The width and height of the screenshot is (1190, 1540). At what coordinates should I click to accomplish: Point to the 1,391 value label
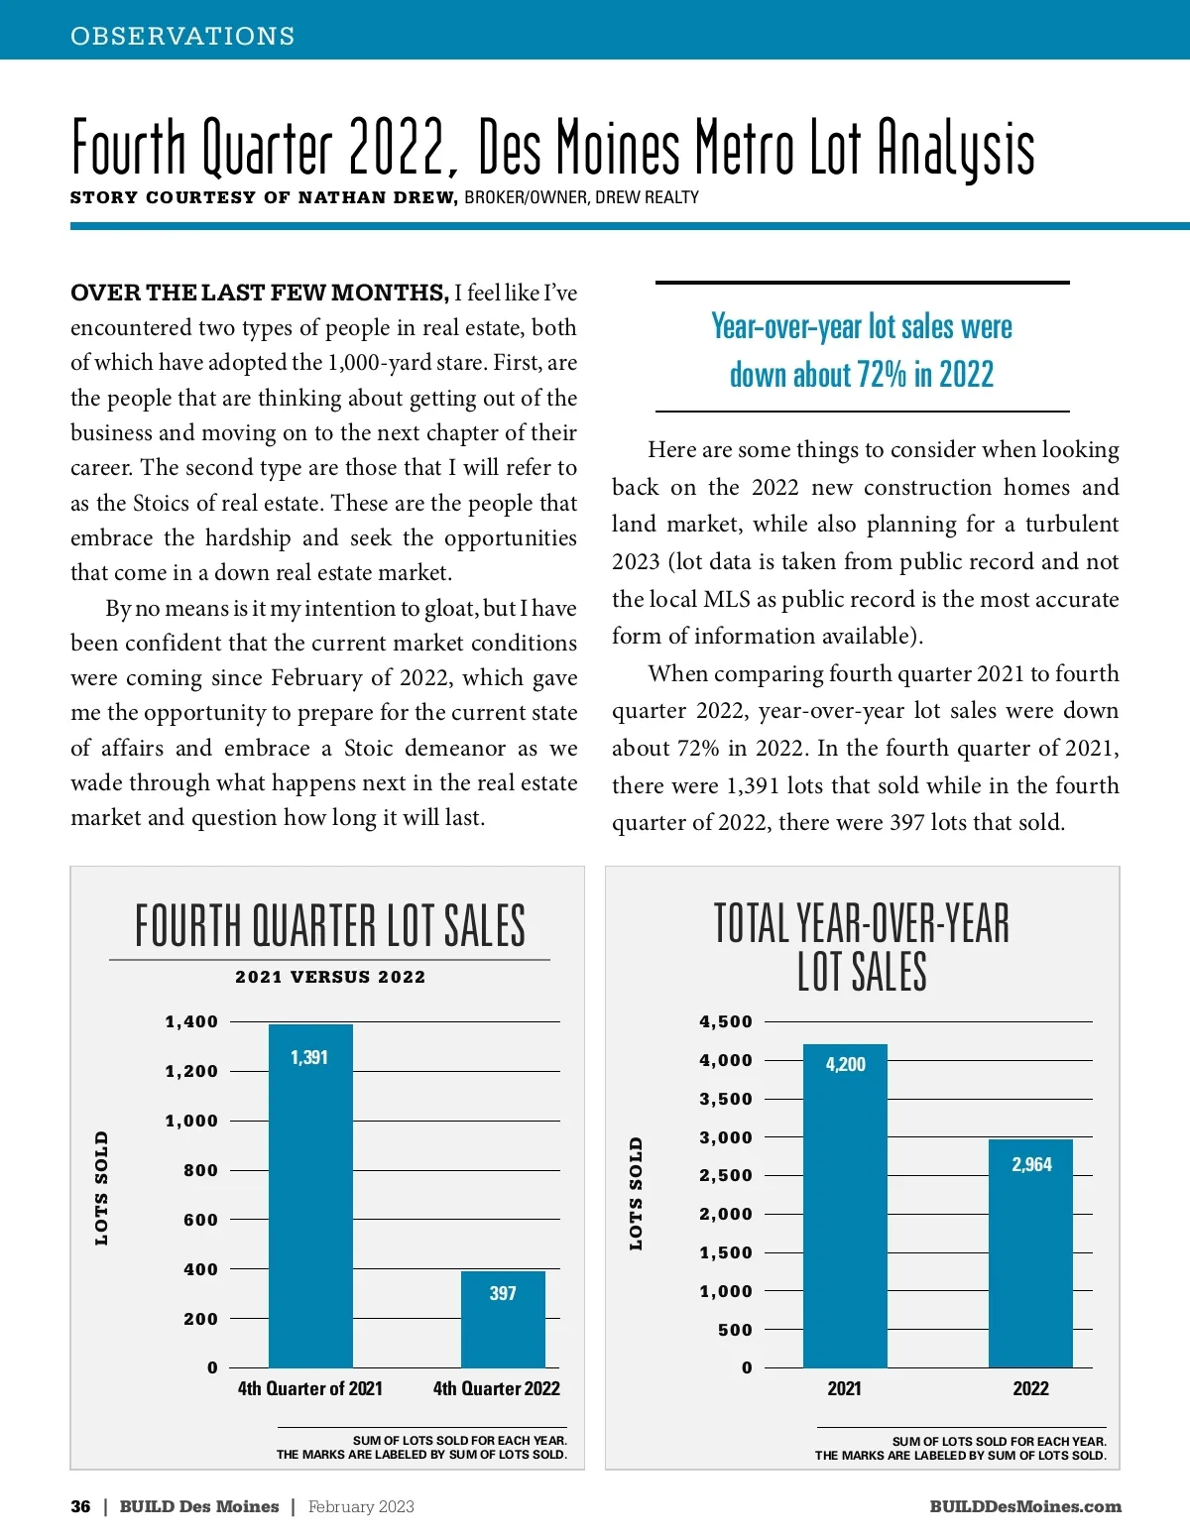309,1057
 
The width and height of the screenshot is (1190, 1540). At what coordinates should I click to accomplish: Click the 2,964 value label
1031,1164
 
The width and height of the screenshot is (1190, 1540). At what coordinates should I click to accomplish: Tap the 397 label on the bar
503,1293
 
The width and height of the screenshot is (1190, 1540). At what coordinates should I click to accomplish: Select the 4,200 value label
845,1064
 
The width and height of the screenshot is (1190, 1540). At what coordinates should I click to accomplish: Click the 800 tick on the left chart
200,1170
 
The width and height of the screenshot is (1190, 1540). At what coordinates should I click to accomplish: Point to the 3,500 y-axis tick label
726,1099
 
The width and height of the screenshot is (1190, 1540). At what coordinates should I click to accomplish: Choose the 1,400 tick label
191,1021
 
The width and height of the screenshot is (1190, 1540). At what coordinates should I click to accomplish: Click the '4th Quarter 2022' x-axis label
496,1388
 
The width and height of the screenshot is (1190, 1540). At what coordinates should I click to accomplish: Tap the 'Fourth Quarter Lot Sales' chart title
330,926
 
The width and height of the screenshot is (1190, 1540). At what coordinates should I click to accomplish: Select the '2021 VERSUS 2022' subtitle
330,977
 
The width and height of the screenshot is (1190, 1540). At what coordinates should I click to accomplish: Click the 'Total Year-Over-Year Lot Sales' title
861,947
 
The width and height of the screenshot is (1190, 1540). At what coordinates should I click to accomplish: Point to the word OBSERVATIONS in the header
182,36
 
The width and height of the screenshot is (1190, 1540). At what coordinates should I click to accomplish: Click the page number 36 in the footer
80,1506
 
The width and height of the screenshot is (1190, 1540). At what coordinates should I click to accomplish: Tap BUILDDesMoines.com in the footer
1025,1506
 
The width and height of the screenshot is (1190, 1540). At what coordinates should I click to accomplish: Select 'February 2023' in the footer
361,1506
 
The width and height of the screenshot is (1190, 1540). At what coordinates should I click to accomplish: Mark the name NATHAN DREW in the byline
378,197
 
